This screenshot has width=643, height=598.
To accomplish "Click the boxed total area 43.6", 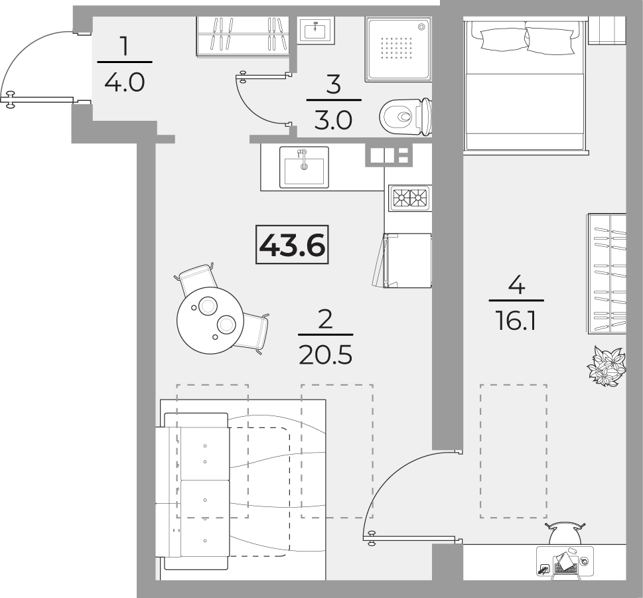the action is [292, 245].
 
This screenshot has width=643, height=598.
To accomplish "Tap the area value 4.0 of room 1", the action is [125, 83].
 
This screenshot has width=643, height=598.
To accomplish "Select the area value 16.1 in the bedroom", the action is [516, 321].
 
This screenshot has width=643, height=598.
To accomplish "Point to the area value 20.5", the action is [326, 355].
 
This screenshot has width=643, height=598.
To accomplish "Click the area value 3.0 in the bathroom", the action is [333, 121].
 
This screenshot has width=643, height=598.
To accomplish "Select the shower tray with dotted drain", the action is [398, 49].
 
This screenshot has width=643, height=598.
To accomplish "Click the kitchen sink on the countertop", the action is [305, 167].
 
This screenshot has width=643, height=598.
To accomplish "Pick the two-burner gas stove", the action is [409, 198].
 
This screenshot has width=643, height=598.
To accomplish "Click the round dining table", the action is [210, 320].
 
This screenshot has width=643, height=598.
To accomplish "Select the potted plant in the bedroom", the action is [606, 366].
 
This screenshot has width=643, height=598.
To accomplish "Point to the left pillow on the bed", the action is [500, 40].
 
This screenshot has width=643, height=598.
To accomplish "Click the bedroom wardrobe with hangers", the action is [607, 273].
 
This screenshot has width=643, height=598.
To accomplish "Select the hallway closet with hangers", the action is [242, 37].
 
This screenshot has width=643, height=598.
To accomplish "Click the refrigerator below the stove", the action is [407, 260].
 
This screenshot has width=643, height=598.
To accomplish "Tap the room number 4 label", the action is [516, 285].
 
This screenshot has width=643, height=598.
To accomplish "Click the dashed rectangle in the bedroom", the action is [514, 451].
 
